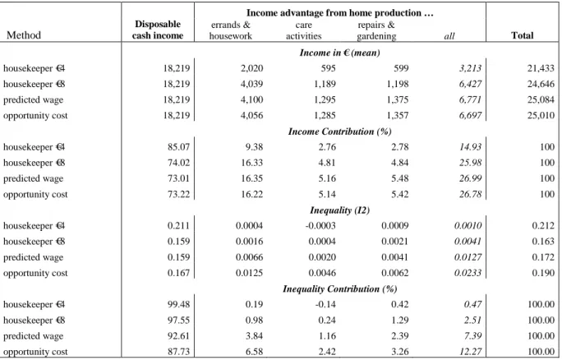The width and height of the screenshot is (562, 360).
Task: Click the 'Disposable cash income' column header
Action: click(158, 30)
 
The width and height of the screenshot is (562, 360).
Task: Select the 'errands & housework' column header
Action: click(231, 30)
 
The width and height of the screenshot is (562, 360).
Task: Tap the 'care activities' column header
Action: click(303, 30)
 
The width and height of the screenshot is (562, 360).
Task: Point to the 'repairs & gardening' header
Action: click(376, 30)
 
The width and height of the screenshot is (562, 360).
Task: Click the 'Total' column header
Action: click(523, 35)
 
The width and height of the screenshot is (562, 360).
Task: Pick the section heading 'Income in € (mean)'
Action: click(340, 53)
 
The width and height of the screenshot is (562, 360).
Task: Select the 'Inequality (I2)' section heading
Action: click(340, 210)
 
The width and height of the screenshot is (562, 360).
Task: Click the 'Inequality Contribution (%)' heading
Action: click(340, 289)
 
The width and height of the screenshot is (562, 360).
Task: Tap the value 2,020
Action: click(251, 68)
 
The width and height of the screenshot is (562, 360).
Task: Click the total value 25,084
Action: click(541, 99)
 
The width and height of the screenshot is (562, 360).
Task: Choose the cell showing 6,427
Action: click(470, 84)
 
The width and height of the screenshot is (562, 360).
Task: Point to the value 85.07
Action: click(178, 147)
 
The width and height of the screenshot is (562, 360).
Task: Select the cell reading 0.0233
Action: click(468, 273)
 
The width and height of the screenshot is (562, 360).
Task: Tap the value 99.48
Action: click(178, 304)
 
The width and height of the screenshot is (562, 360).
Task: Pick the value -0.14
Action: click(325, 304)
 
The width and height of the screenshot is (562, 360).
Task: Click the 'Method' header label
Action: click(24, 35)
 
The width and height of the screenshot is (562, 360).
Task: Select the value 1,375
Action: click(397, 99)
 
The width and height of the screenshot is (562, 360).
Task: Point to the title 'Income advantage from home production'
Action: click(340, 13)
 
